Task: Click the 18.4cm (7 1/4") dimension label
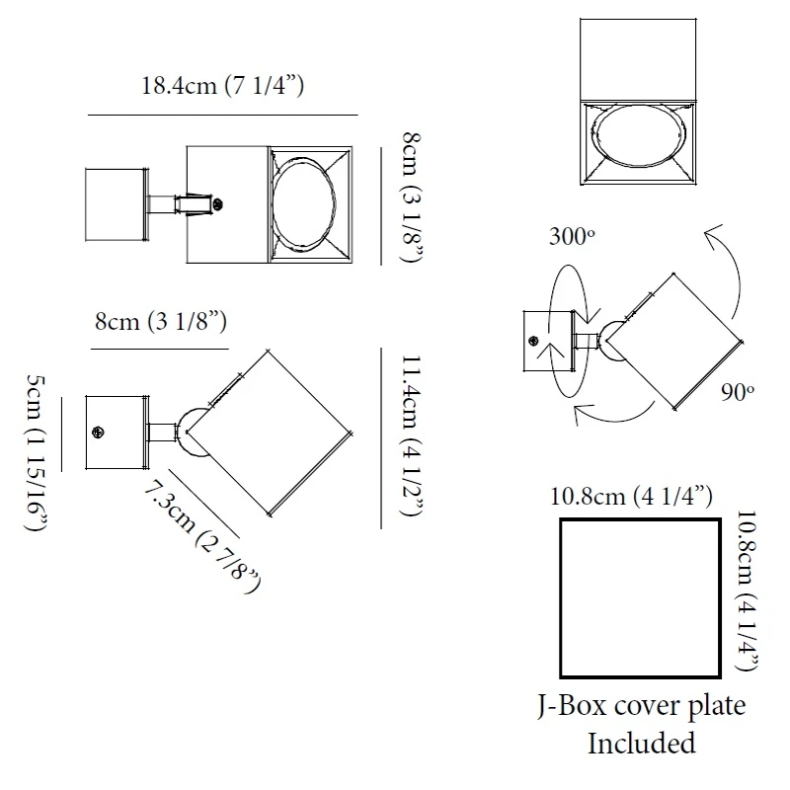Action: [x=222, y=86]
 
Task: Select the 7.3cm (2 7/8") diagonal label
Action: [x=203, y=535]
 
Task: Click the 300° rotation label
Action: [x=573, y=238]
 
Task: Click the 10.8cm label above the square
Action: [x=632, y=496]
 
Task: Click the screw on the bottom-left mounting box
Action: [x=98, y=433]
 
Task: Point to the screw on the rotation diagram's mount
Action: [x=534, y=341]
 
